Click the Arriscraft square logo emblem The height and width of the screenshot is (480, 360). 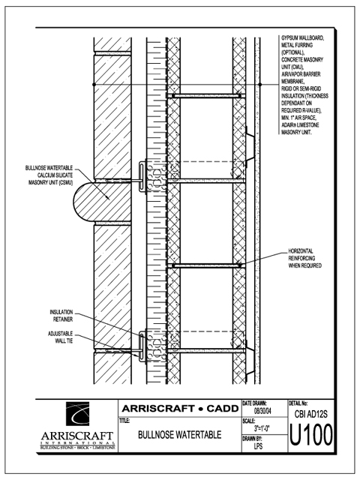coord(78,414)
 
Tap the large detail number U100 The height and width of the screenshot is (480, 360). coord(311,435)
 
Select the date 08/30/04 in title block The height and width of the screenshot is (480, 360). coord(262,411)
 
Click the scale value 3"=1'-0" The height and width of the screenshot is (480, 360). coord(262,428)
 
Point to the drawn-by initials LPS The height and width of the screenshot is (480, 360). coord(258,446)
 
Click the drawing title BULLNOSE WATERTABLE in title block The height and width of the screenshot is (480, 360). coord(180,435)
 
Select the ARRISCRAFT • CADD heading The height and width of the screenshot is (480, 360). coord(180,408)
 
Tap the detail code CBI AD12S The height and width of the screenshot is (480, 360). coord(311,414)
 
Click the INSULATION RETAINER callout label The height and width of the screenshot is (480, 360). coord(61,316)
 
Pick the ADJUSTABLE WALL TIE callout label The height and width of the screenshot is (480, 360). coord(61,337)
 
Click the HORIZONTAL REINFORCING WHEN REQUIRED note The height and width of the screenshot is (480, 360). coord(305,258)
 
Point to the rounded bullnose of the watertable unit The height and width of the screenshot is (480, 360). coord(79,202)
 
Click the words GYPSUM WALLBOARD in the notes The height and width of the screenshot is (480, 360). coord(302,38)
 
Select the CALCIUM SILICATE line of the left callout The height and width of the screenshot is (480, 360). coord(55,175)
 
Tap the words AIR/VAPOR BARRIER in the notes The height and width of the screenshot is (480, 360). coord(301,74)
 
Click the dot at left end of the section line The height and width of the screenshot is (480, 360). coord(94,84)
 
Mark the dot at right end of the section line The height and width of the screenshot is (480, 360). coord(260,84)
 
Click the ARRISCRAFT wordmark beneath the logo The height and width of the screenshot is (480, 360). coord(77,436)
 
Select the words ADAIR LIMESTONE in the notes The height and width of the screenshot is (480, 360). coord(300,125)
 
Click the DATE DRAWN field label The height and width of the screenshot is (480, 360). coord(255,403)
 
